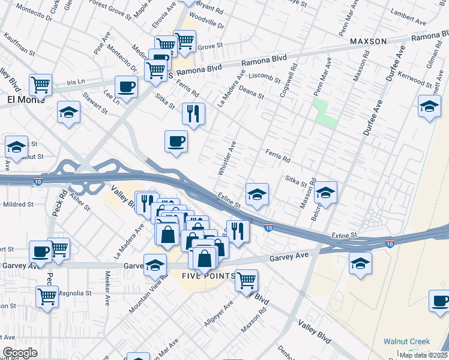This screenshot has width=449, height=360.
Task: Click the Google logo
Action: (20, 353)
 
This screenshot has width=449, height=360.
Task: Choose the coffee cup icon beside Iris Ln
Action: (126, 86)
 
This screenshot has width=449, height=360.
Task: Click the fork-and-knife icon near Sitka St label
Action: (193, 113)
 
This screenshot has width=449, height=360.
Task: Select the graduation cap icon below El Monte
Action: (69, 112)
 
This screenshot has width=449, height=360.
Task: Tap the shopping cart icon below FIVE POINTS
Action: (246, 280)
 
